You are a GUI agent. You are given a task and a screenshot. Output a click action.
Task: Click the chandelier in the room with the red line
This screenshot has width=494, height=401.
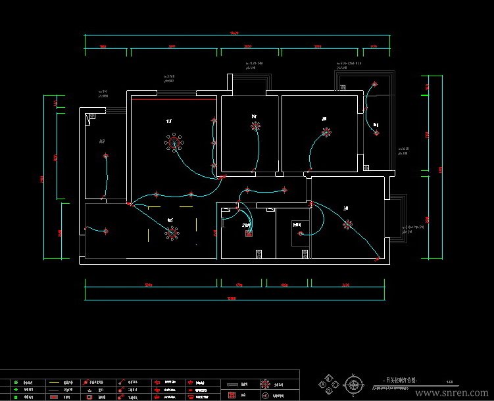174,142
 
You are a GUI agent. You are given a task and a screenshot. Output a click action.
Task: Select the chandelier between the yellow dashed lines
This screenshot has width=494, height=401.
172,232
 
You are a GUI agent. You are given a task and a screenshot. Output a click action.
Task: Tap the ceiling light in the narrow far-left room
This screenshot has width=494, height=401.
106,156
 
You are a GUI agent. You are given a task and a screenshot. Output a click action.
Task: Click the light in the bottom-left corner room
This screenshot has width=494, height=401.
106,231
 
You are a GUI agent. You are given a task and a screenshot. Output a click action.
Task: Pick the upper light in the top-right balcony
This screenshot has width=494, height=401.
375,85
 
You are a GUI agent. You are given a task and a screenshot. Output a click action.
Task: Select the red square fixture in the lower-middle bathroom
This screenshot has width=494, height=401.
249,233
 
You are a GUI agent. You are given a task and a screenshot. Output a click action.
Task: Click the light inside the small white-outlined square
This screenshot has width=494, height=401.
299,232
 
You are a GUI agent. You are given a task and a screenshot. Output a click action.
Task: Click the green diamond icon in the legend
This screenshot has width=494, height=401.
14,389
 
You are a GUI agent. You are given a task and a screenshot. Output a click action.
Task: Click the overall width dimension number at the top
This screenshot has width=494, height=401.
234,33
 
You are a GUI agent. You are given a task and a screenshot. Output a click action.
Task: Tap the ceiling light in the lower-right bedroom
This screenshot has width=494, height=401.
347,225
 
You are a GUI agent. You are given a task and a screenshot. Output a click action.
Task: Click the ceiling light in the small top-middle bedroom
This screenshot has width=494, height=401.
255,125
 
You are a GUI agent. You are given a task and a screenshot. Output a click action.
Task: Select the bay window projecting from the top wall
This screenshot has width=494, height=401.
249,82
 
